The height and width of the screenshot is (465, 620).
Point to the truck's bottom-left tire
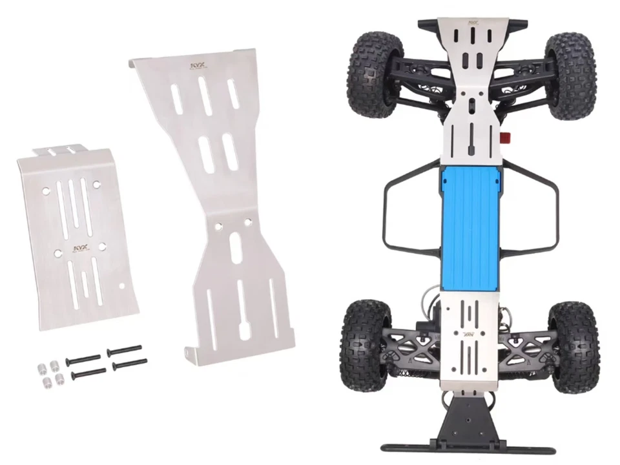365,342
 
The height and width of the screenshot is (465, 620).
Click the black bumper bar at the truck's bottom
470,446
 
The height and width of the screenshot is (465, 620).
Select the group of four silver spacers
48,373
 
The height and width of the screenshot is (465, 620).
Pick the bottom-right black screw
129,364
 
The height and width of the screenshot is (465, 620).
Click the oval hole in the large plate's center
238,247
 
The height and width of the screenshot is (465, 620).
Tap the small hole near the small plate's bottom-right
123,285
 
